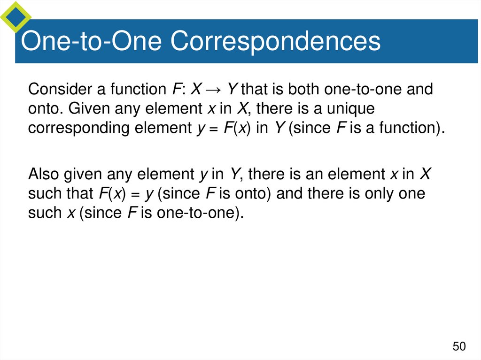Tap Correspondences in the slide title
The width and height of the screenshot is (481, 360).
(x=275, y=42)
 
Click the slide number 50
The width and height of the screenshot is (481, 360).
(x=459, y=347)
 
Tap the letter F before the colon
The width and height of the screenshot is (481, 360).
(x=172, y=89)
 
